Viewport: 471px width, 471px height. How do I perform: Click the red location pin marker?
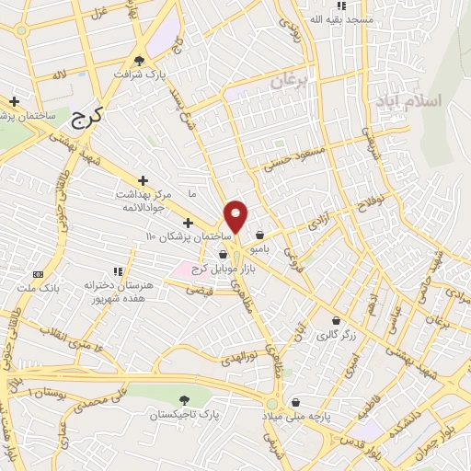pyautogui.click(x=236, y=216)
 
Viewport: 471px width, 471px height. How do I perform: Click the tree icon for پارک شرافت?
pyautogui.click(x=139, y=60)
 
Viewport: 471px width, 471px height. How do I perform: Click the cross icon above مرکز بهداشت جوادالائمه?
pyautogui.click(x=142, y=180)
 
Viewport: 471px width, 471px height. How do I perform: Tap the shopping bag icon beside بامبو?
pyautogui.click(x=262, y=235)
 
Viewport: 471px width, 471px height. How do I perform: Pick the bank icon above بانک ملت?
pyautogui.click(x=38, y=274)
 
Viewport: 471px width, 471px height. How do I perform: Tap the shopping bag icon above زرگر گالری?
pyautogui.click(x=335, y=322)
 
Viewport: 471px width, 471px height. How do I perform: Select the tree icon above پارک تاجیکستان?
pyautogui.click(x=186, y=400)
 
